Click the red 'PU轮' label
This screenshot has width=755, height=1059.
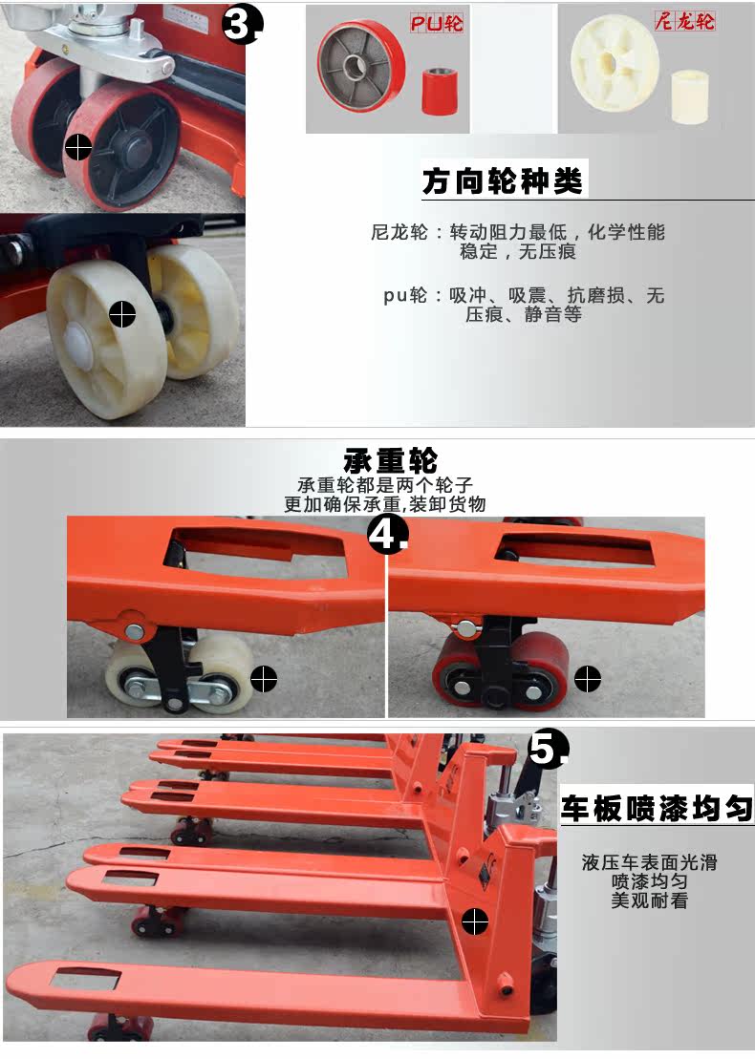(x=437, y=24)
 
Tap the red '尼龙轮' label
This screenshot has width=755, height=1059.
(x=684, y=22)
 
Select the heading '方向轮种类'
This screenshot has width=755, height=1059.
(x=503, y=181)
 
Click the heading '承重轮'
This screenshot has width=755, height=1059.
(x=391, y=460)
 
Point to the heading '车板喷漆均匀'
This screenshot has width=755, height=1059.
(x=657, y=808)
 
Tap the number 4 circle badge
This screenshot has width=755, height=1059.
(x=387, y=537)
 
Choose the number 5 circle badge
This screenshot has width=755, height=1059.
(x=547, y=749)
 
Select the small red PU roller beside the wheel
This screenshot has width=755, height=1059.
(x=439, y=91)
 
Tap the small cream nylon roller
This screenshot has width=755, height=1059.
(x=689, y=95)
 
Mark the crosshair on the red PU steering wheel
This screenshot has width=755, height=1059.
(x=78, y=146)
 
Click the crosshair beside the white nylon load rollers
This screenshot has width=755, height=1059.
(x=264, y=678)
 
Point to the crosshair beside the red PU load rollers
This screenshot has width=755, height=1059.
(x=588, y=679)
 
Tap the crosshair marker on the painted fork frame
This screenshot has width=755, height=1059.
(x=475, y=921)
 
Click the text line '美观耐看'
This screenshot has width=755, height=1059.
(x=649, y=900)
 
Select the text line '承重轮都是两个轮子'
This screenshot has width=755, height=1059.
(x=385, y=485)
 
